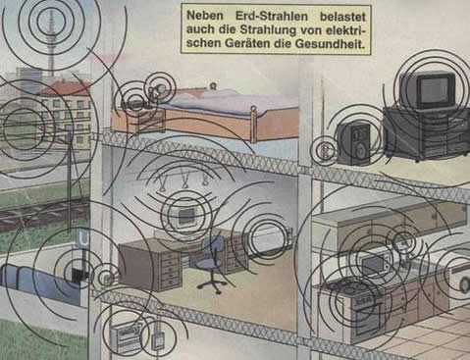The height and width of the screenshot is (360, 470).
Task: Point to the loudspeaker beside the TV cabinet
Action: tap(354, 142)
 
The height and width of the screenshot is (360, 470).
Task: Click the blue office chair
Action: tap(211, 263)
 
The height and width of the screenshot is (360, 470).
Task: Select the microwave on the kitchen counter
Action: tap(372, 263)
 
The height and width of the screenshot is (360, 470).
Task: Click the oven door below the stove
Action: tap(367, 320)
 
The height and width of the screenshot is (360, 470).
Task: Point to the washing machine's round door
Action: tap(464, 284)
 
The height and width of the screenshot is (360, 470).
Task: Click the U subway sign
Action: tap(83, 237)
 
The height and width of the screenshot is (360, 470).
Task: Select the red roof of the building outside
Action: tap(66, 88)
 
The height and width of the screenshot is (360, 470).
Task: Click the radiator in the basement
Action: tap(126, 336)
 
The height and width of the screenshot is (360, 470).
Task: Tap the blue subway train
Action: tap(39, 282)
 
